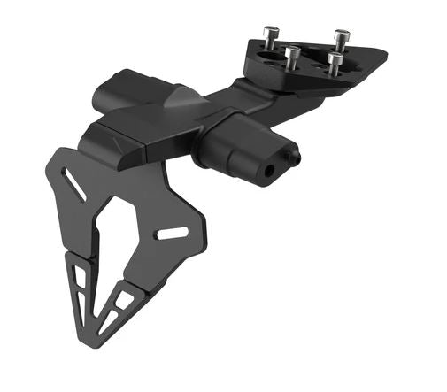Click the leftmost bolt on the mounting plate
pyautogui.click(x=269, y=36)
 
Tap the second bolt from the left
pyautogui.click(x=292, y=58)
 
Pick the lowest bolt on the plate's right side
pyautogui.click(x=335, y=63)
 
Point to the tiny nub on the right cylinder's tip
pyautogui.click(x=296, y=158)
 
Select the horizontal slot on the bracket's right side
pyautogui.click(x=172, y=234)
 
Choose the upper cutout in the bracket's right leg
pyautogui.click(x=125, y=300)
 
